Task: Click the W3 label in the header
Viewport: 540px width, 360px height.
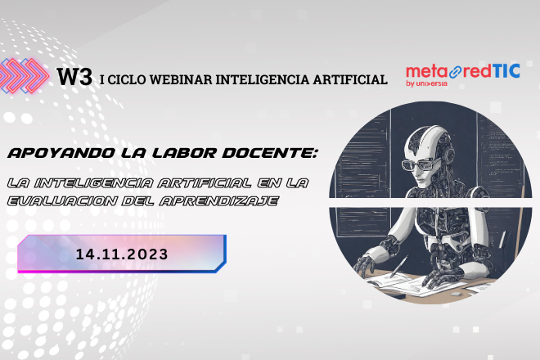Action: [x=74, y=78]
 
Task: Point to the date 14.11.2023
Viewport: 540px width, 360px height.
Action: [x=122, y=254]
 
